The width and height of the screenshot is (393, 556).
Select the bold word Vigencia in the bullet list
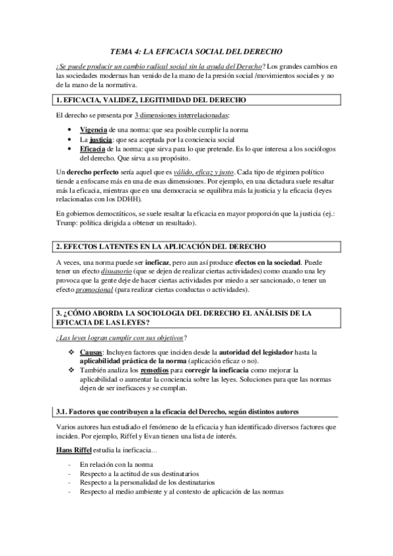click(x=96, y=129)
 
